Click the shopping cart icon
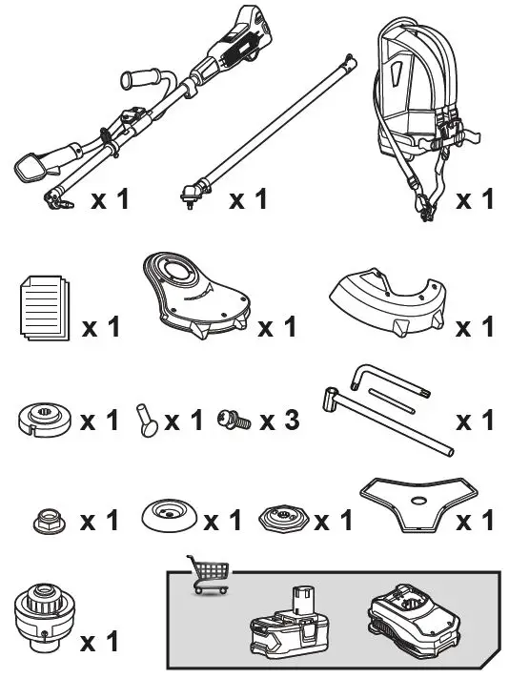coord(208,574)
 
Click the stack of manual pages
coord(45,308)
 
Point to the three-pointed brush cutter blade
coord(418,504)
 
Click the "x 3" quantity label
coord(279,420)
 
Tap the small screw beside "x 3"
coord(234,420)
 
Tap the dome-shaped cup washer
coord(169,516)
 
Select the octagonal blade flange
coord(283,518)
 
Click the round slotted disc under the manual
coord(46,420)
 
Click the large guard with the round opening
coord(195,295)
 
